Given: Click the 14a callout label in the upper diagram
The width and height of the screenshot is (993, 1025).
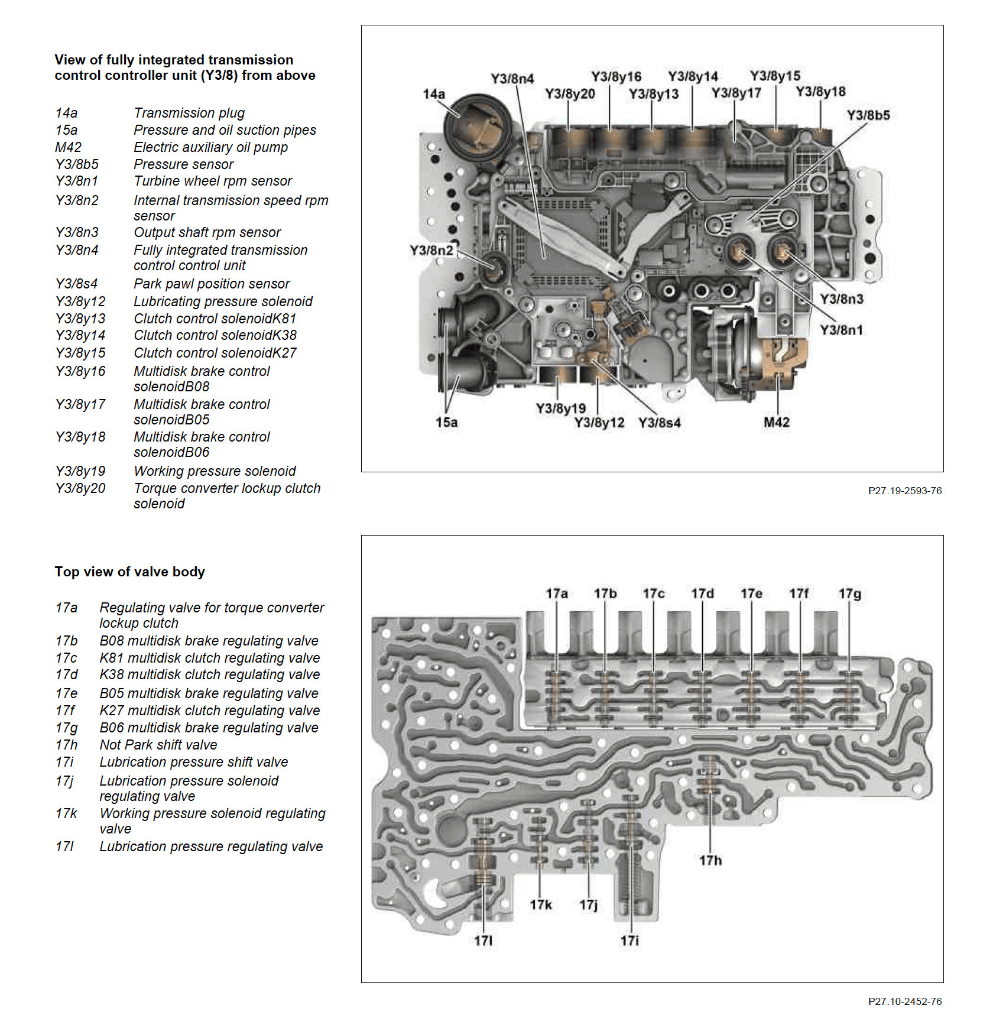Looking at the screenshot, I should click(434, 94).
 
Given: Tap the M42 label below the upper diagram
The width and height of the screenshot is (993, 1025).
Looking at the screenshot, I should click(776, 422).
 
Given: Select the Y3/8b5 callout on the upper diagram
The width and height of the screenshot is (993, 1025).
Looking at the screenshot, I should click(868, 115).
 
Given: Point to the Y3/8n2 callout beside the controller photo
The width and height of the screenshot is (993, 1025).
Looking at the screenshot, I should click(431, 251).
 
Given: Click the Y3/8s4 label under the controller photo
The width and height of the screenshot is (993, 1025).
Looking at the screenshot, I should click(660, 423).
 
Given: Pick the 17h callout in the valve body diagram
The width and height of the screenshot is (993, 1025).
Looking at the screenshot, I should click(710, 861).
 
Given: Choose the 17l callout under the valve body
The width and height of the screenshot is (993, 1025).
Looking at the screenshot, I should click(483, 940).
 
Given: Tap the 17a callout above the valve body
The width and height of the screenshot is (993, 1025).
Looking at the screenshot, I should click(556, 593).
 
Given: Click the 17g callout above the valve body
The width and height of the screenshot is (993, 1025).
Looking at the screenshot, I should click(849, 593).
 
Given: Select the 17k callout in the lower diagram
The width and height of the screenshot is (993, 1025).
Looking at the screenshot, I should click(540, 905).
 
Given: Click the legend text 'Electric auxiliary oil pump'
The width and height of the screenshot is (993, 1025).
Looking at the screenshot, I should click(210, 147).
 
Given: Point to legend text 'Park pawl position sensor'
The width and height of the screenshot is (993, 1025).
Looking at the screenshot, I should click(212, 284).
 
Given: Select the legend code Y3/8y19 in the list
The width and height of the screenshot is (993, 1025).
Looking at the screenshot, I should click(80, 471).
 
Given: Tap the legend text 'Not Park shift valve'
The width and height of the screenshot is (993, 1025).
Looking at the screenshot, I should click(158, 745).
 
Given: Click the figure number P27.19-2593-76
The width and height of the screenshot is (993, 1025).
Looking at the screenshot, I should click(904, 491).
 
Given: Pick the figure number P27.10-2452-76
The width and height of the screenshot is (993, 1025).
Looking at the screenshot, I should click(904, 1001).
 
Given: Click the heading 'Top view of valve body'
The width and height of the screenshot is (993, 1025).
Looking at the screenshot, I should click(130, 572).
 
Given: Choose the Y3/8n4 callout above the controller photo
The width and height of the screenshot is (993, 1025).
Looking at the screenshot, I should click(512, 79).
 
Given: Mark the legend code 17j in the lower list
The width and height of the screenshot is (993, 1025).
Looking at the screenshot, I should click(64, 781).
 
